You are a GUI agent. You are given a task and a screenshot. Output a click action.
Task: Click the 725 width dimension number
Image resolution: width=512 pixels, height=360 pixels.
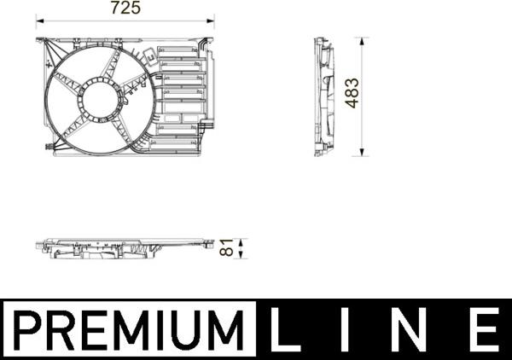[x=125, y=9]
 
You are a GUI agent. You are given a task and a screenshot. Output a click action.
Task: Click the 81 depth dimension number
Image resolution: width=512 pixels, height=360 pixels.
[x=227, y=247]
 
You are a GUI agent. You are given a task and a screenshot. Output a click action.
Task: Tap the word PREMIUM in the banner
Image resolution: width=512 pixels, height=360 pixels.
[x=128, y=329]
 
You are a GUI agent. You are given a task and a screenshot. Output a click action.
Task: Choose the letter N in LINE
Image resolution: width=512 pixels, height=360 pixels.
[x=416, y=329]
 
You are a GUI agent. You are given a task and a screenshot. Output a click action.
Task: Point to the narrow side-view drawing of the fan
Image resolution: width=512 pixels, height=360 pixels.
[x=323, y=96]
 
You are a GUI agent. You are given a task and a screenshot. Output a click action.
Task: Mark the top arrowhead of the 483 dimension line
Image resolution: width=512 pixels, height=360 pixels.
[x=364, y=40]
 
